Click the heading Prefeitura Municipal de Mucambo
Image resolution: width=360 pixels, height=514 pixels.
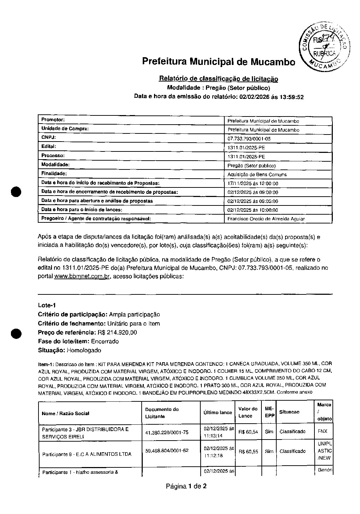click(218, 61)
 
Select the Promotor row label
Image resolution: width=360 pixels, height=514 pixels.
click(53, 120)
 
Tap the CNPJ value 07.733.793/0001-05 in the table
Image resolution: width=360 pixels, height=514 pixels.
click(249, 139)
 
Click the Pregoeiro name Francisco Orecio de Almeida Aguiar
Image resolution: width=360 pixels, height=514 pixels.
click(266, 219)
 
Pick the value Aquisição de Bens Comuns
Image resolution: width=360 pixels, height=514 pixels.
click(257, 174)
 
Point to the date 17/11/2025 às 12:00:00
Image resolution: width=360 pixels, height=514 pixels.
click(253, 184)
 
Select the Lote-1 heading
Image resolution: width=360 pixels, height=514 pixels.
click(47, 305)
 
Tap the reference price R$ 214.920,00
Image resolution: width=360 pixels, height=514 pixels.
click(117, 333)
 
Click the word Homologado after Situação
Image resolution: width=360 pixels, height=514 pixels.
click(84, 351)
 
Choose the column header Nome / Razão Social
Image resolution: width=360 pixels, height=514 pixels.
click(65, 413)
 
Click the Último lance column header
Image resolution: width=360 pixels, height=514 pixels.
click(218, 412)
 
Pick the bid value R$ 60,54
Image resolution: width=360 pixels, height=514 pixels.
click(248, 432)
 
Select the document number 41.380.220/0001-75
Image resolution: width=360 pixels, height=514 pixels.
click(167, 432)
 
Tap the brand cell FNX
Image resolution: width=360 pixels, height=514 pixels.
click(323, 431)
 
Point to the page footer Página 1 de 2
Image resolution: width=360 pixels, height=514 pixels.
click(186, 486)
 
